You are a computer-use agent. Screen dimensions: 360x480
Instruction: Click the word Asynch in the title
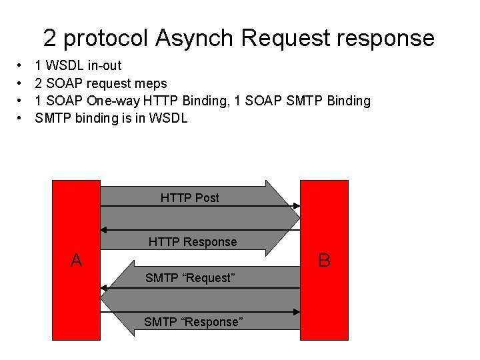(195, 38)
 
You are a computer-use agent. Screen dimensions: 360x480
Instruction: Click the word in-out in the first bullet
(103, 66)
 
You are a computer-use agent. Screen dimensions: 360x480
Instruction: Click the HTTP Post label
(189, 197)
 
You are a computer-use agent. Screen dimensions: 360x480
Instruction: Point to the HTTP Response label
(192, 241)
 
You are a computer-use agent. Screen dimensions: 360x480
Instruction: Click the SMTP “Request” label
(190, 277)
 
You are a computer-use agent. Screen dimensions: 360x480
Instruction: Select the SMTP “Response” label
(193, 321)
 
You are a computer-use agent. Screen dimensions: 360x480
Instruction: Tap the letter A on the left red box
(76, 260)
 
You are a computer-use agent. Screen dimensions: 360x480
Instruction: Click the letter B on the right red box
(324, 260)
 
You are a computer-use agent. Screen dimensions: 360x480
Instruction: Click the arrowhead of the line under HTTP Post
(296, 206)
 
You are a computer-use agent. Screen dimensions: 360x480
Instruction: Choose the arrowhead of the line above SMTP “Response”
(296, 311)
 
